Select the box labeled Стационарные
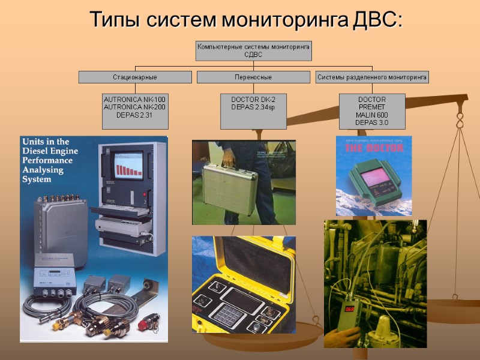[135, 77]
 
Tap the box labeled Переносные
[253, 77]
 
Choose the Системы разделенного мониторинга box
[372, 77]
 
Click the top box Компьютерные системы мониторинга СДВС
[253, 50]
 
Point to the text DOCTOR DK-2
[253, 99]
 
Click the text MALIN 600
[372, 115]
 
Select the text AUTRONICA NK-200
[135, 107]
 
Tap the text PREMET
[372, 107]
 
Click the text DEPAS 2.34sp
[253, 107]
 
